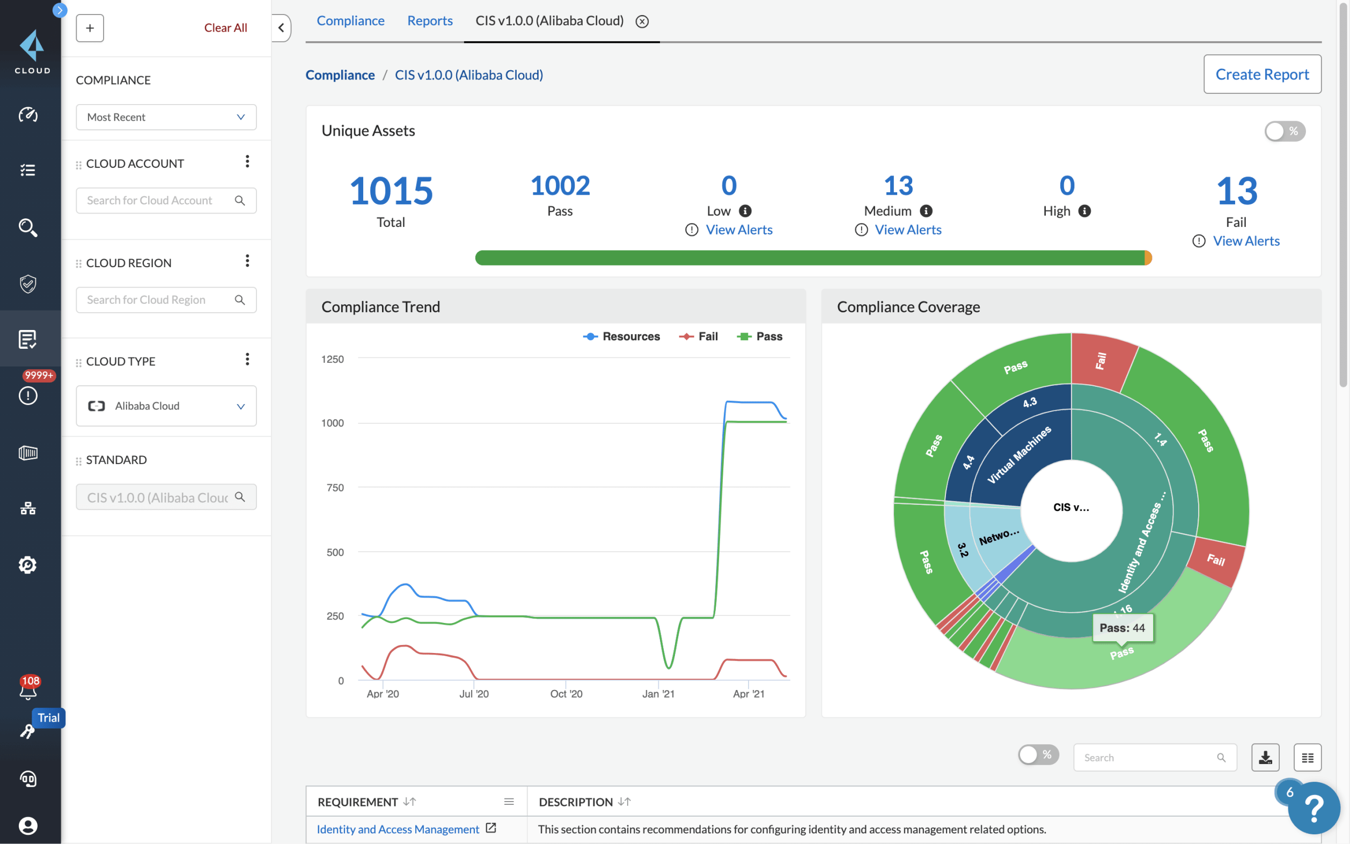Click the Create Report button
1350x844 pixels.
1261,74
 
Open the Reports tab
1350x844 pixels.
429,20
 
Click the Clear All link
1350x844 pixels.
225,27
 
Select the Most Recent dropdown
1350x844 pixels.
166,117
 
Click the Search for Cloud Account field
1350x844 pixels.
156,200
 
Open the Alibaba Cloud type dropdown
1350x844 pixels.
166,406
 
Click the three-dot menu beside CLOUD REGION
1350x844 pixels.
247,261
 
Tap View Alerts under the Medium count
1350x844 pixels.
907,230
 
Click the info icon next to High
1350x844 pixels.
1084,211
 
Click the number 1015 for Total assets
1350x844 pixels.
391,191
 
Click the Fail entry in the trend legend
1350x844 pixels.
699,336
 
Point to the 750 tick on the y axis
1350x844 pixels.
335,488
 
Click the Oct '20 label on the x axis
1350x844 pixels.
566,694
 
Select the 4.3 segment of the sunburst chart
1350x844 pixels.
1030,402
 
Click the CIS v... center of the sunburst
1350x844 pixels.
1070,508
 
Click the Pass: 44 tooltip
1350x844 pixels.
1121,628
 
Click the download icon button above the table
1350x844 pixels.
1265,758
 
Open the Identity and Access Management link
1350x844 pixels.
398,829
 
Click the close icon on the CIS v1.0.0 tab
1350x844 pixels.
642,21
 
